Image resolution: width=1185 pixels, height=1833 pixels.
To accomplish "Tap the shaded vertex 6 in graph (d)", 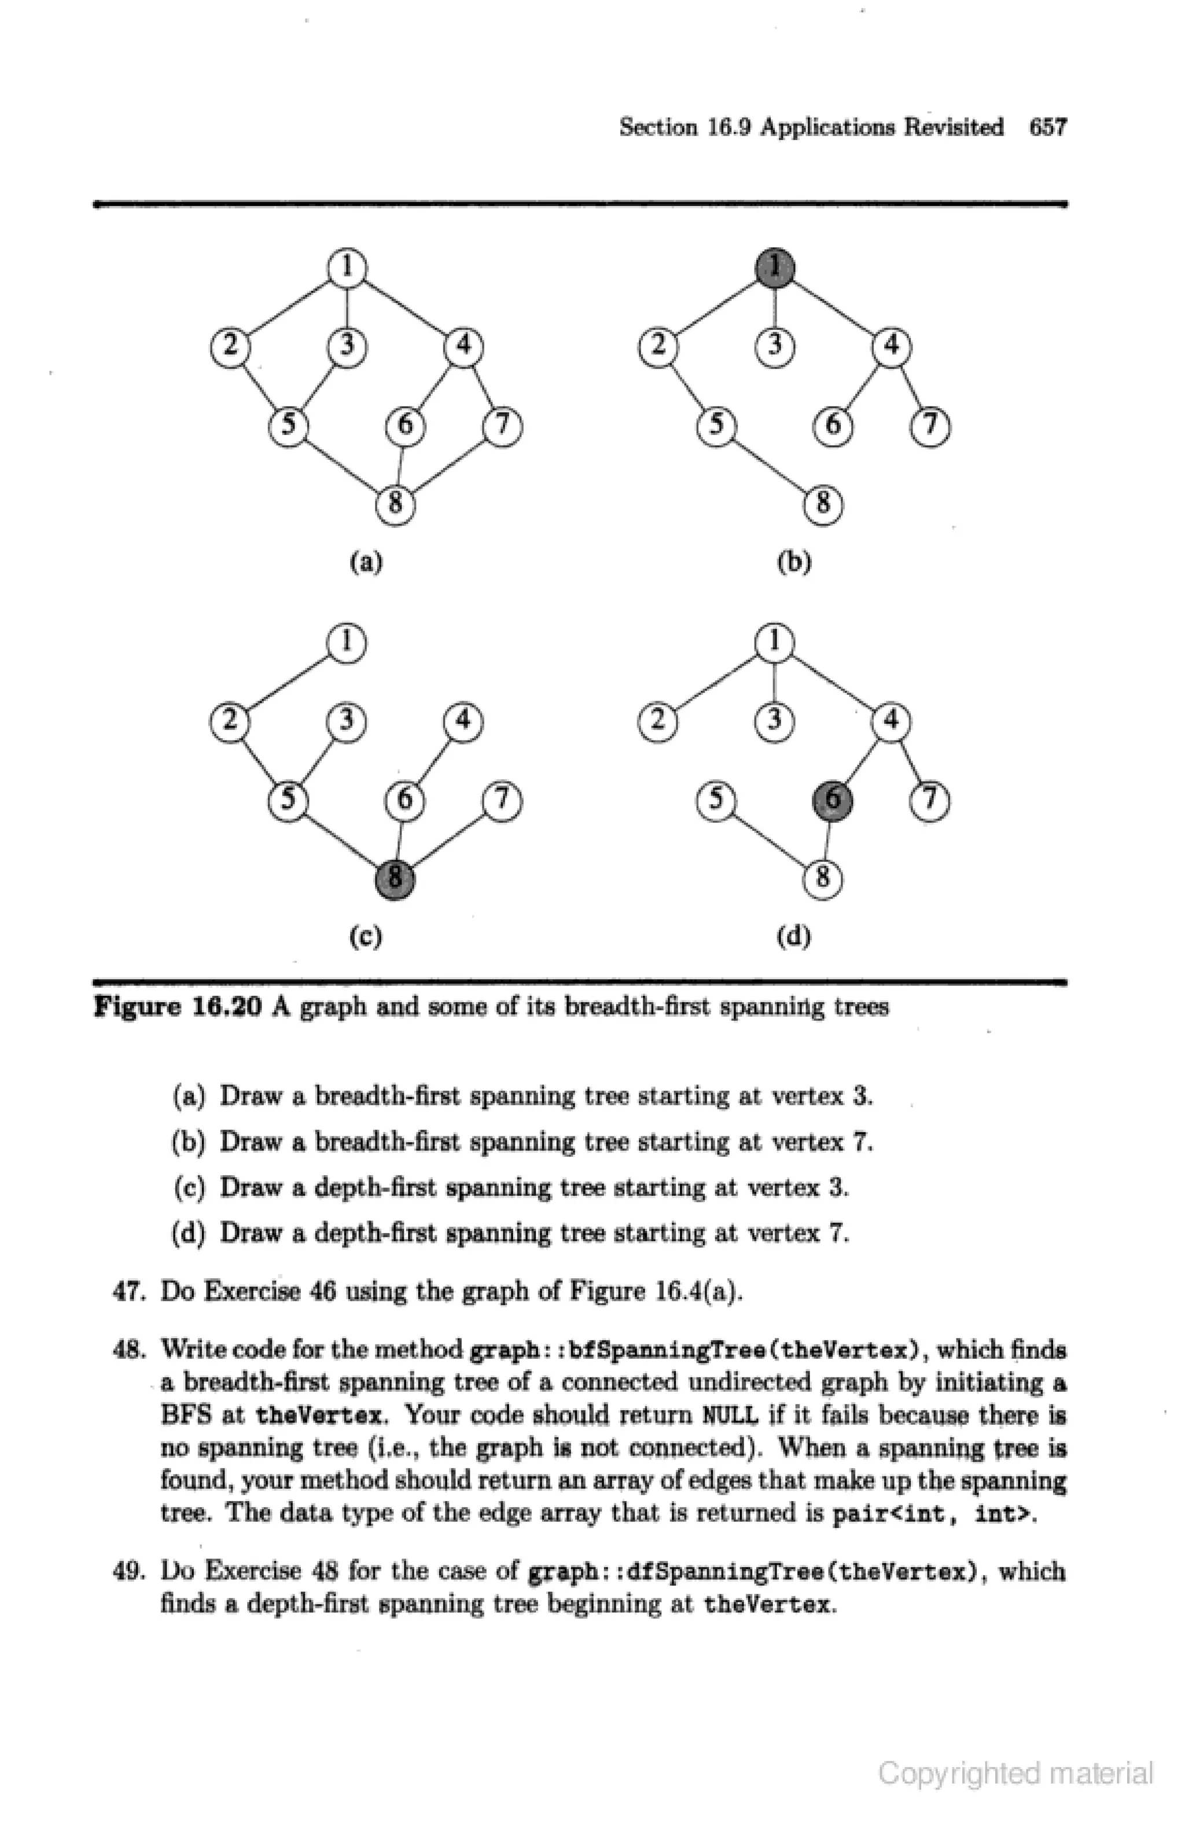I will point(833,801).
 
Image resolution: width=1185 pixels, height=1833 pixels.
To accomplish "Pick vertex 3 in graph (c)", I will point(347,721).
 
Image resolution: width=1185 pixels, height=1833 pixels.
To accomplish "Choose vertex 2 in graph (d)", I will point(658,722).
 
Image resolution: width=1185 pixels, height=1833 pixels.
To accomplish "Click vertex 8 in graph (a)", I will point(395,504).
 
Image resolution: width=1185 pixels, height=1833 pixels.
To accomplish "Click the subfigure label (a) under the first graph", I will point(366,563).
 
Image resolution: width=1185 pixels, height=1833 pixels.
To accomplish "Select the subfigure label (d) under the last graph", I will point(794,936).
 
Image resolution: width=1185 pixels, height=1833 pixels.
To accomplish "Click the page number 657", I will point(1048,127).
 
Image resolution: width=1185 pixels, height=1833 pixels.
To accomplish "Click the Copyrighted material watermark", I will point(1015,1773).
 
